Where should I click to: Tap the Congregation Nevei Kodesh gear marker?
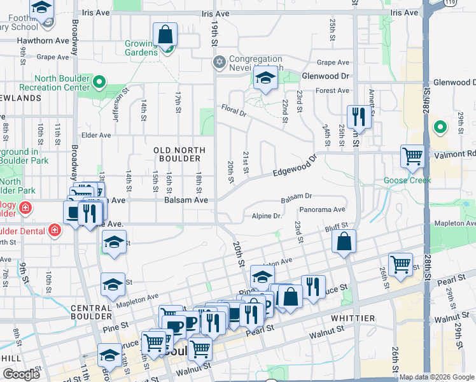220,62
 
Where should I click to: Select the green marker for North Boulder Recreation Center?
99,81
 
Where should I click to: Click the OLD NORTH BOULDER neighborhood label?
179,154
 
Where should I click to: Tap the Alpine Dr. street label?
267,216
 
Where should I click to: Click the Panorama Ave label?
322,209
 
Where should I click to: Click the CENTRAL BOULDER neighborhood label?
92,311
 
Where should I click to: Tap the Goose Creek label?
407,180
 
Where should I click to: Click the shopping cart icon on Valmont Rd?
413,155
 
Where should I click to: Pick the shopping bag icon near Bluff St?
344,242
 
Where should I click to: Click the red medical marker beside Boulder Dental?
55,229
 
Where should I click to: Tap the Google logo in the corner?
20,374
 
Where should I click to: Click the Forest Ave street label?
332,91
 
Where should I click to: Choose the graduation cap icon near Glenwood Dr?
265,79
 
